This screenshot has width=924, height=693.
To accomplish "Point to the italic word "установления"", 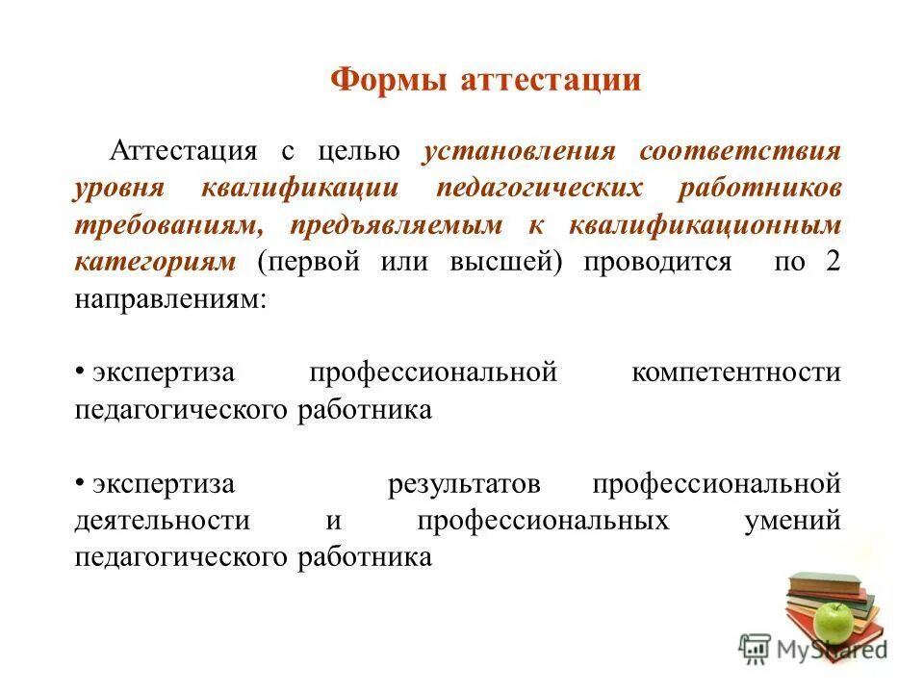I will pos(519,152).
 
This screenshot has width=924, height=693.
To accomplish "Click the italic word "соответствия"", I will pos(740,152).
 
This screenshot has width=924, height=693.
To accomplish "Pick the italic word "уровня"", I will pos(121,189).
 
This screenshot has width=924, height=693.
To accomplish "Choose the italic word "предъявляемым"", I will pos(395,225).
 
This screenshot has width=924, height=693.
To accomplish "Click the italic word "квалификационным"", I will pos(706,225).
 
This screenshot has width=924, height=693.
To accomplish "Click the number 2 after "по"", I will pos(833,263).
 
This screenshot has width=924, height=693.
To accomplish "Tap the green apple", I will pos(834,620).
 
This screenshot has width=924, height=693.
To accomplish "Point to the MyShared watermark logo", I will pos(813,649).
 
